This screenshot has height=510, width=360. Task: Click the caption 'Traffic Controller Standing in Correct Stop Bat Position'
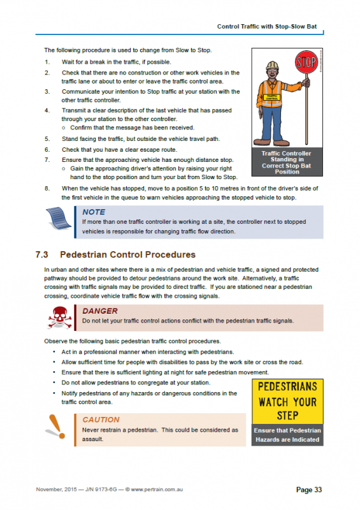(x=287, y=163)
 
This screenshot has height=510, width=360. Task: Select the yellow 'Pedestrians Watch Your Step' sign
(x=287, y=402)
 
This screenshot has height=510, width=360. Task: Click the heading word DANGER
(x=100, y=310)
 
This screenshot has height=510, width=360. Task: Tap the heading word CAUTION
(x=101, y=419)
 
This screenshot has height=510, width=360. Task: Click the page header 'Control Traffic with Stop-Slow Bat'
(x=266, y=27)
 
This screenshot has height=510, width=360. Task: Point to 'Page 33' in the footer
(x=309, y=490)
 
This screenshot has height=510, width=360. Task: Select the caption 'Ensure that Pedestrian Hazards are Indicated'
(x=287, y=435)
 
